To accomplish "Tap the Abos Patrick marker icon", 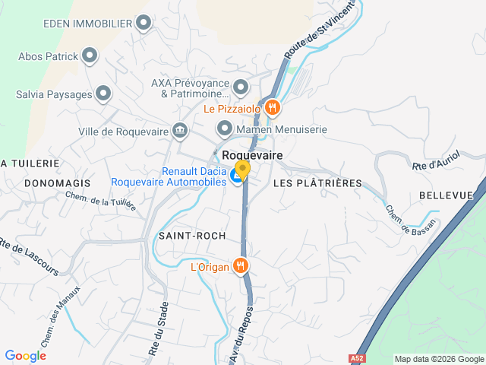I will (x=90, y=56).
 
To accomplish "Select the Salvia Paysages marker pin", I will (x=103, y=95).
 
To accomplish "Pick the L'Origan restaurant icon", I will (x=241, y=265).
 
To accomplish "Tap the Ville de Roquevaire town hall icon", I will (x=180, y=131).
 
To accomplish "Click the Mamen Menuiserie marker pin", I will (x=223, y=129).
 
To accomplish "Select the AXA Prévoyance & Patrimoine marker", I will (x=241, y=87).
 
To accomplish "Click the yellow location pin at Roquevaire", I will (x=242, y=169).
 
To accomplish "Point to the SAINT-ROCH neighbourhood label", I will (x=192, y=236).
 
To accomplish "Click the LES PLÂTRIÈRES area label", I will (x=317, y=183).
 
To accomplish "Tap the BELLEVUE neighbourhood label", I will (x=446, y=195).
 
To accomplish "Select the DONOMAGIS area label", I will (x=57, y=183).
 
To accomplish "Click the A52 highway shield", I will (x=357, y=357).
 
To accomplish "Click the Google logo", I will (x=25, y=356).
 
